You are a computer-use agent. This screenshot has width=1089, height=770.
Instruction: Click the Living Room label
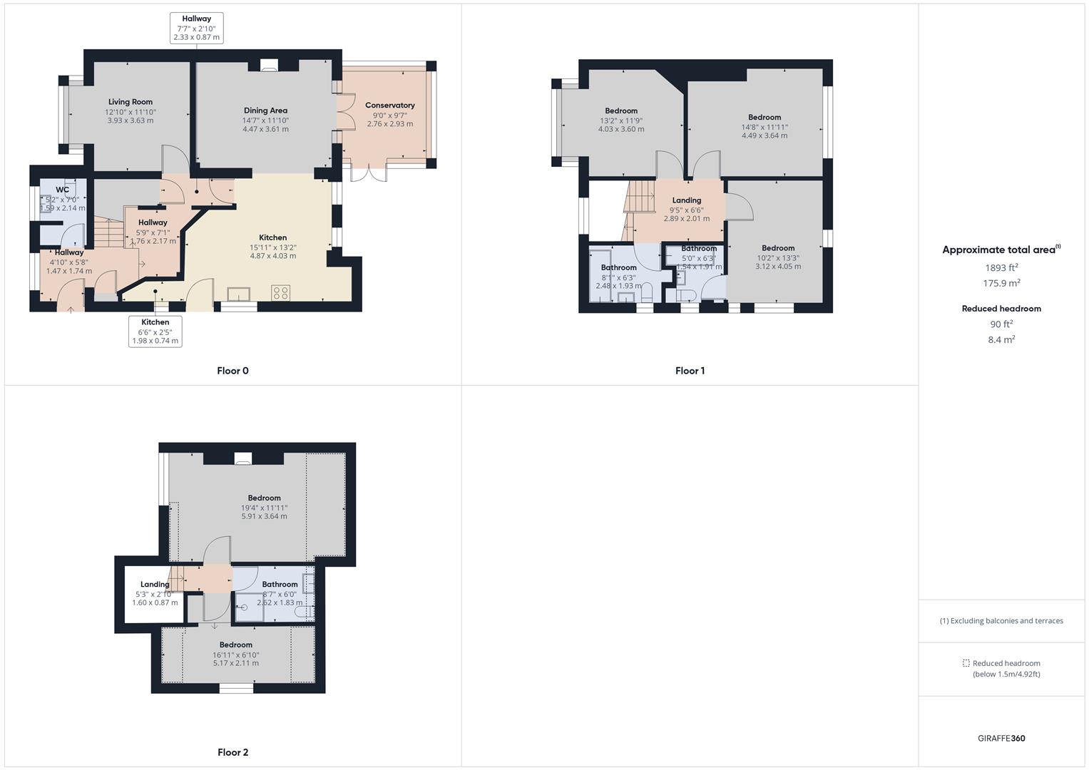click(131, 102)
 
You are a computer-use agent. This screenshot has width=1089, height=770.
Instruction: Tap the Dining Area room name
click(265, 111)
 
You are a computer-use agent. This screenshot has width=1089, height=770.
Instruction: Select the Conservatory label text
click(389, 106)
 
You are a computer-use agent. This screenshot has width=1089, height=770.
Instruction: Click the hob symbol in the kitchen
click(280, 293)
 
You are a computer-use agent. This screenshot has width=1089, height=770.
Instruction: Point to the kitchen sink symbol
click(238, 294)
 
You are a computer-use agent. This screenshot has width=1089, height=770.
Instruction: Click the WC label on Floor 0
click(62, 190)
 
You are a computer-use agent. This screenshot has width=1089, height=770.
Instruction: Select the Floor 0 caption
click(232, 371)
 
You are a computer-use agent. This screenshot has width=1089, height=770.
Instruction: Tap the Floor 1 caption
click(690, 371)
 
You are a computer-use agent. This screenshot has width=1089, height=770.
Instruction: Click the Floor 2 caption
click(232, 752)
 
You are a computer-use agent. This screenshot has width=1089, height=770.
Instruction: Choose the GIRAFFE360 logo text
click(1001, 739)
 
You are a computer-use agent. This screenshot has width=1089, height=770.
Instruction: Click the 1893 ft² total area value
click(1001, 268)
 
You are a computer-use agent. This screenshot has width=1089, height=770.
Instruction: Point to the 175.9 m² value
click(1001, 283)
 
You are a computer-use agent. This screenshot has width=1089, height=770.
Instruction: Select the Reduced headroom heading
click(1001, 309)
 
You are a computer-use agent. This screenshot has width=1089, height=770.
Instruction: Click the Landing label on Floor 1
click(686, 200)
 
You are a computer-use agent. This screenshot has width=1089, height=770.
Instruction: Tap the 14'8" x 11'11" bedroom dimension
click(765, 127)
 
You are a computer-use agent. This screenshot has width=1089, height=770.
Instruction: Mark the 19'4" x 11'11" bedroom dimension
click(264, 508)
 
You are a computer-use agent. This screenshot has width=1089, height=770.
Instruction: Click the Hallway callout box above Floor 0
click(196, 29)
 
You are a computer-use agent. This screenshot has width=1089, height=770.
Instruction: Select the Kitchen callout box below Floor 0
click(155, 332)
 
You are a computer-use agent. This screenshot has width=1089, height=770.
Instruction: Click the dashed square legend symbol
click(966, 663)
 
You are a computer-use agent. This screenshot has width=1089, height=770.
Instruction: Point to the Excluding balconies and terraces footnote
click(1001, 621)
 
